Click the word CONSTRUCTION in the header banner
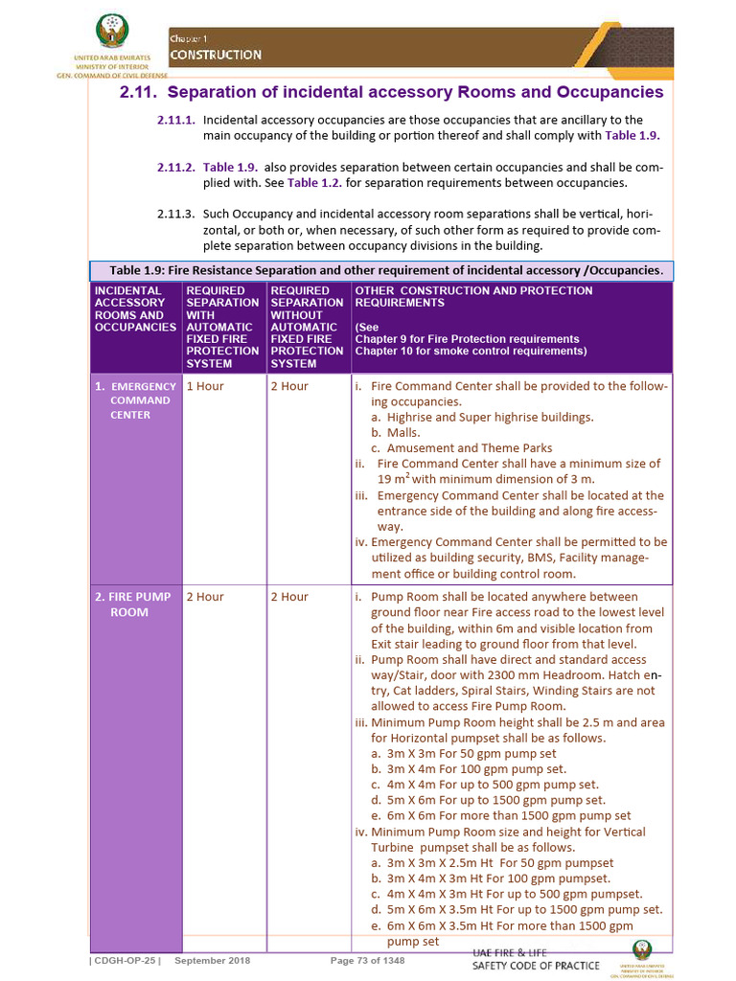[216, 55]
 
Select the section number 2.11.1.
[176, 120]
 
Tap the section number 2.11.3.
[176, 214]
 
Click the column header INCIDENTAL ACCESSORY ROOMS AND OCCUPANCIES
[135, 308]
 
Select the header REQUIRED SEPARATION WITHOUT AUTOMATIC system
[307, 327]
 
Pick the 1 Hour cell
[205, 386]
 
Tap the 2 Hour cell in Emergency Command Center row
[289, 386]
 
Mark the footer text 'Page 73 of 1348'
[367, 961]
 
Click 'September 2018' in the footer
[213, 961]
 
